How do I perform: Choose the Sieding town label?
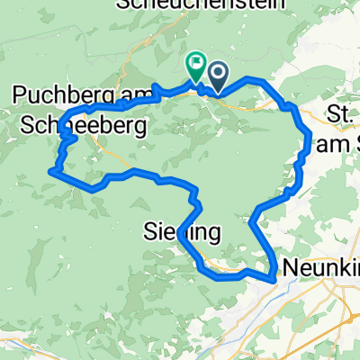(x=183, y=233)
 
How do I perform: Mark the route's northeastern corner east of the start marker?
(x=263, y=82)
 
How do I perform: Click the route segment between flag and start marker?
(x=205, y=86)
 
